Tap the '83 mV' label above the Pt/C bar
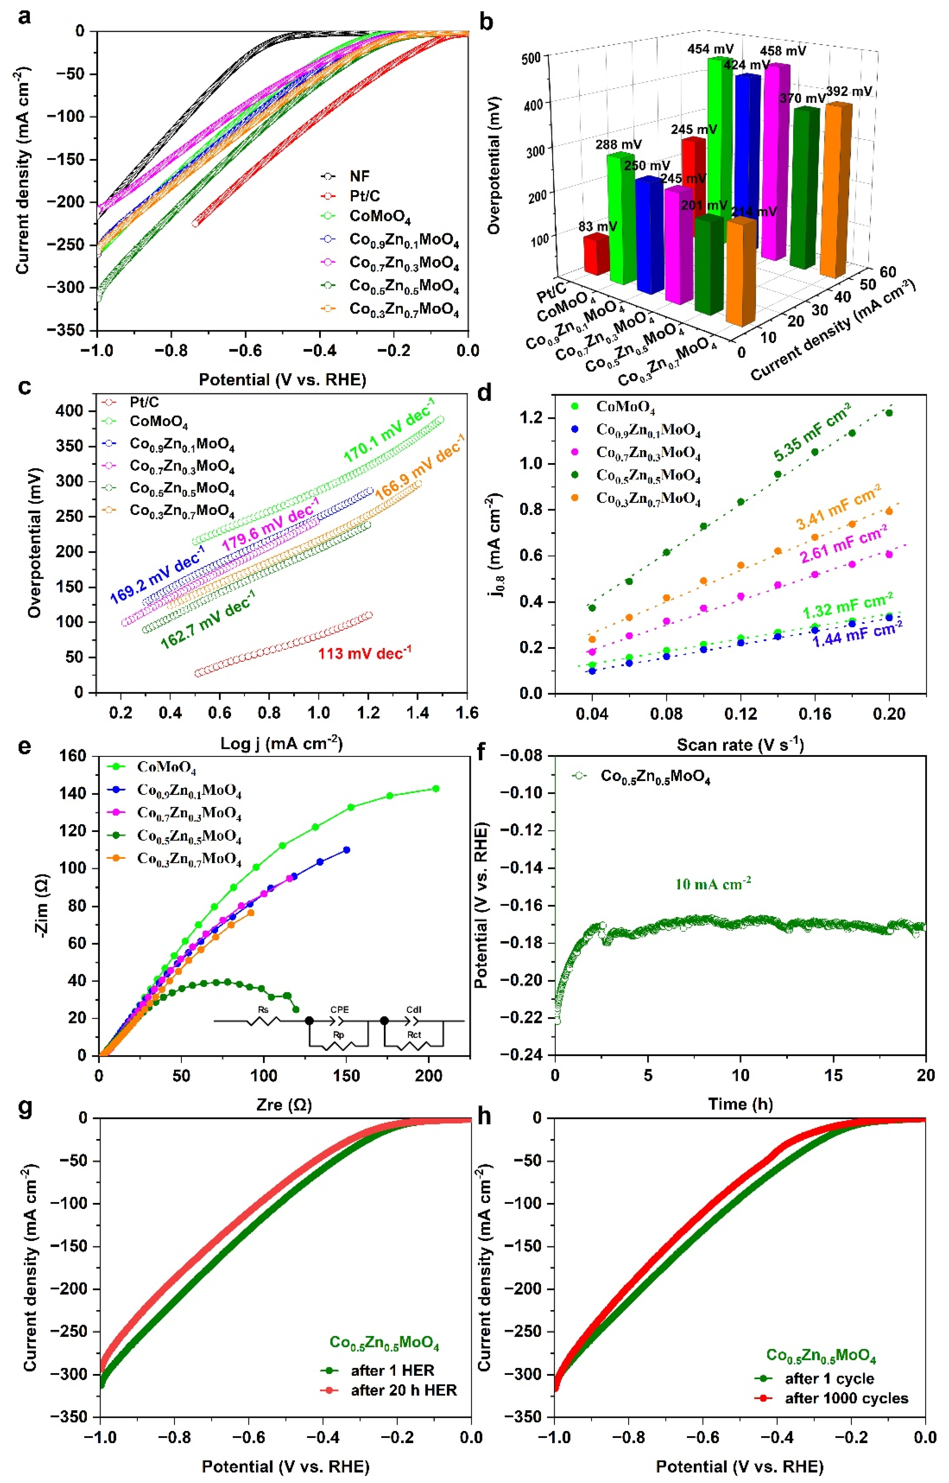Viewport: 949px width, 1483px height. click(x=597, y=226)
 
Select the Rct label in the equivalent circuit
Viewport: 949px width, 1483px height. click(x=414, y=1035)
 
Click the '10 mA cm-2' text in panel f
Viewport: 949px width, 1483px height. click(x=713, y=884)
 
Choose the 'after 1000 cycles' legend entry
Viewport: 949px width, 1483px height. click(x=846, y=1399)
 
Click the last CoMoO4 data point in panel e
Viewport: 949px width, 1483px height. click(x=436, y=789)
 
